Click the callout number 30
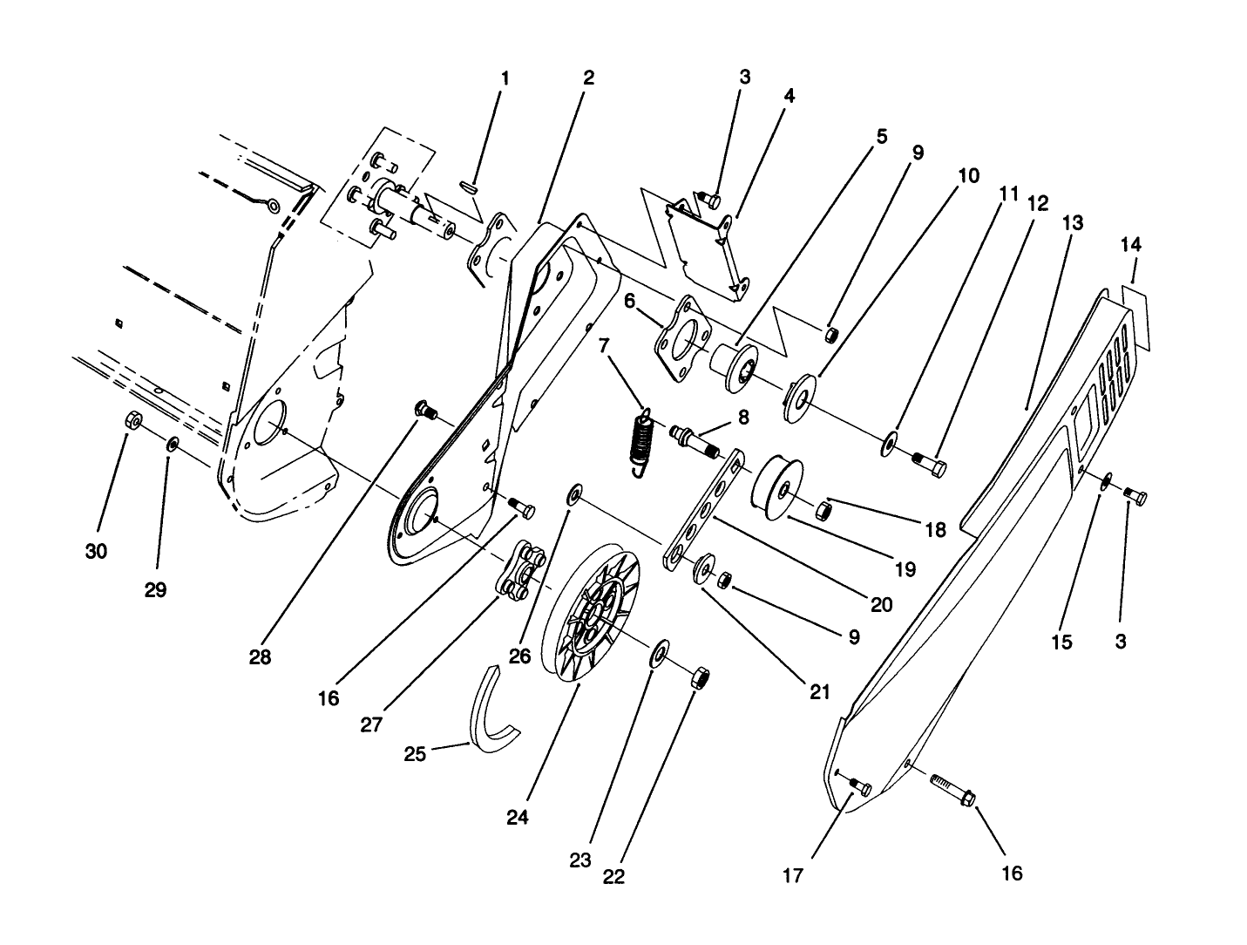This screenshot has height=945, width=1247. click(x=97, y=552)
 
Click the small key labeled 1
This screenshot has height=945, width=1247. click(x=470, y=186)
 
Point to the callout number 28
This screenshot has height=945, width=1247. click(x=260, y=657)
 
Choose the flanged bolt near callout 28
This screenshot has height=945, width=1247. click(x=426, y=409)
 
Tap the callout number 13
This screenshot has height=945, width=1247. click(x=1073, y=224)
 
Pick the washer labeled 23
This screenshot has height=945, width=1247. click(x=660, y=653)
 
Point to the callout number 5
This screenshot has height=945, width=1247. click(x=882, y=137)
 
